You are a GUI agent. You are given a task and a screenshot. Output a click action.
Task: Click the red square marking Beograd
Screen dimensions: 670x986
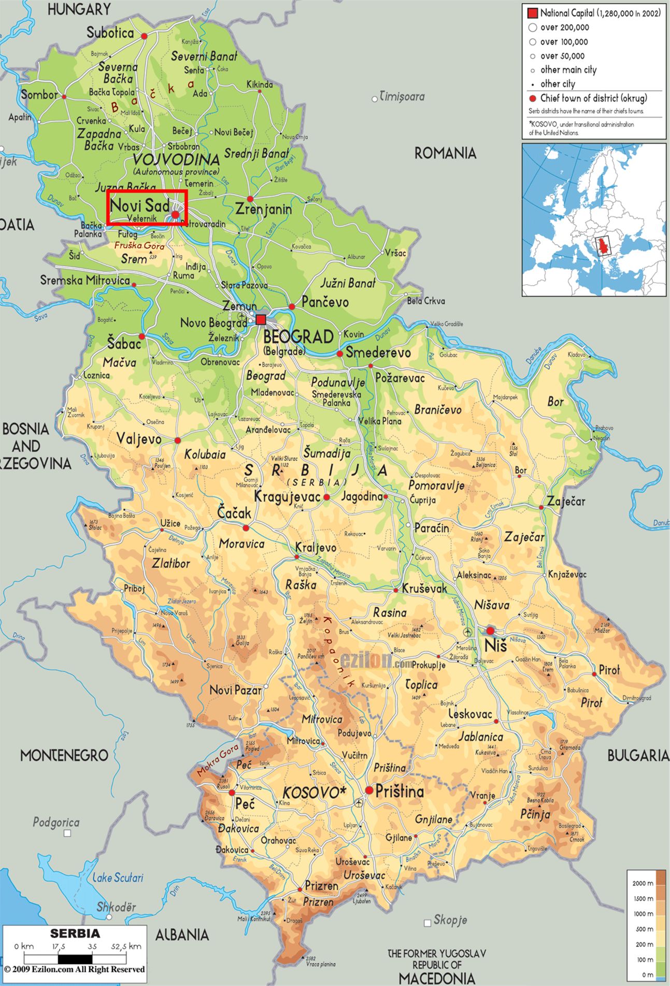[x=261, y=319]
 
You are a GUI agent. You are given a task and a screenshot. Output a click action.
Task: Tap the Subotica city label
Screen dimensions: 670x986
[x=110, y=33]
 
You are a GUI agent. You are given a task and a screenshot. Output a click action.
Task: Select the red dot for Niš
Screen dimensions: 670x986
[x=490, y=631]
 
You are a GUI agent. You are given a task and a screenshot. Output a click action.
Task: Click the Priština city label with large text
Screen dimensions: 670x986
[x=400, y=791]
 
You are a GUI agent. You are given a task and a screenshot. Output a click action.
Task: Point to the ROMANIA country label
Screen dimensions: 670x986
[x=445, y=153]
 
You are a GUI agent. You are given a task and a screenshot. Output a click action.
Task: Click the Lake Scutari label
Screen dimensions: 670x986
[x=118, y=878]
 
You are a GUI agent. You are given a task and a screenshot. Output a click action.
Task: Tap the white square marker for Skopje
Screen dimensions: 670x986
[x=427, y=923]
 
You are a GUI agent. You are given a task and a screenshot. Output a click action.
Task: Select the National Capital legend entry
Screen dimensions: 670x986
[x=594, y=13]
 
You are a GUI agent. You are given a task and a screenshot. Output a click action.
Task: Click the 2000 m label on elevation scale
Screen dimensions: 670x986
[x=643, y=883]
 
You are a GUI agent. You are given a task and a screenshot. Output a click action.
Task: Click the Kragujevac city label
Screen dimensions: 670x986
[x=287, y=496]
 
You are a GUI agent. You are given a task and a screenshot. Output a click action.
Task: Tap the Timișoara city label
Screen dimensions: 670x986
[x=402, y=96]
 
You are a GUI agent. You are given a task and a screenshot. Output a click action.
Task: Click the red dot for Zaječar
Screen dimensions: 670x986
[x=541, y=507]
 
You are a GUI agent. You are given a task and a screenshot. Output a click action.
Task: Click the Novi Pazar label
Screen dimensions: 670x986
[x=235, y=690]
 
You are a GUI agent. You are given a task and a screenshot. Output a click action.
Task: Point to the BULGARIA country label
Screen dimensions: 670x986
[x=638, y=756]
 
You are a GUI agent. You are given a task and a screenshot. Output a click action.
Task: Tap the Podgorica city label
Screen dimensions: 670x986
[x=56, y=822]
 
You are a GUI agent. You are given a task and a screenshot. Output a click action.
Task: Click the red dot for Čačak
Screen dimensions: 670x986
[x=246, y=528]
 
